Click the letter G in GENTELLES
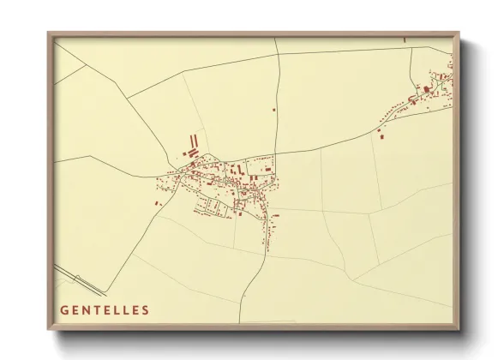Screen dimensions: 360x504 coord(64,310)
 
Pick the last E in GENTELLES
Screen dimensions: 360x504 coord(135,310)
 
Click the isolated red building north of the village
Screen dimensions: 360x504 coord(273,110)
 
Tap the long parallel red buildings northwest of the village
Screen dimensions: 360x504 coord(193,140)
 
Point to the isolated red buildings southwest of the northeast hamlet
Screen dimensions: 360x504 coord(380,132)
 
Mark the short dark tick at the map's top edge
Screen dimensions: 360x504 coord(404,38)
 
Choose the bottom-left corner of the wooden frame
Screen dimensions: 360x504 coord(49,329)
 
